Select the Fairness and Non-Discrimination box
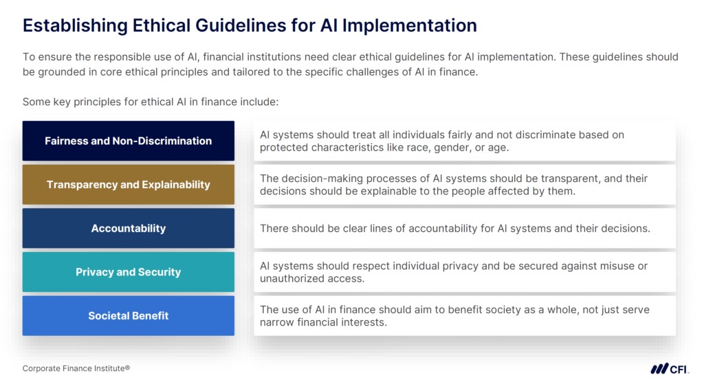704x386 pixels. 128,141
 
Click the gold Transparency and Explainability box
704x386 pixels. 128,185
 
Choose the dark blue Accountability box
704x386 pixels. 128,228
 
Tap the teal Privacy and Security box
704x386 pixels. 128,272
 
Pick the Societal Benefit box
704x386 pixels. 128,316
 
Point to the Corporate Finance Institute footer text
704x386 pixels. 76,369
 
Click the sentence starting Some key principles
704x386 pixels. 150,102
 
